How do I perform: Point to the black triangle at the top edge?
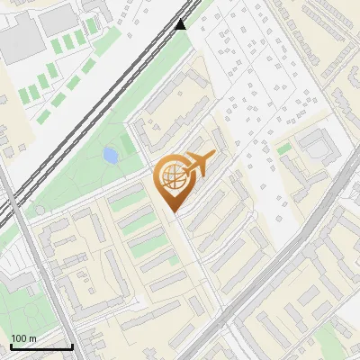(x=182, y=23)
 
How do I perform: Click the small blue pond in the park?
(x=111, y=156)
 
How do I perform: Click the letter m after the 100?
(x=32, y=338)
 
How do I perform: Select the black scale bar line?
(x=40, y=346)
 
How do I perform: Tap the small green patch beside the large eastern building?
(x=284, y=148)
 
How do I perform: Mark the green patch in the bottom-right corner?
(x=333, y=342)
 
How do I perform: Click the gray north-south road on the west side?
(x=40, y=270)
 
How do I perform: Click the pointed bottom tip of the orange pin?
(x=173, y=211)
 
